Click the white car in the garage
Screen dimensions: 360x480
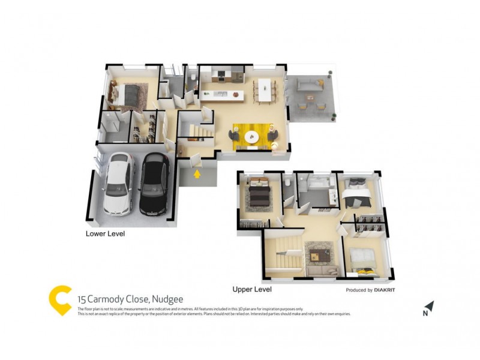118,183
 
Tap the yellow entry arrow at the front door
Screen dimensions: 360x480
197,175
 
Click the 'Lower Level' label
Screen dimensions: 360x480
105,233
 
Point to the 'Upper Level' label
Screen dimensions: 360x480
252,289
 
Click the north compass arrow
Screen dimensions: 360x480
428,307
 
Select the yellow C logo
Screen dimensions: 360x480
60,300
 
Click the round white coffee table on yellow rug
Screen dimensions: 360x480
252,136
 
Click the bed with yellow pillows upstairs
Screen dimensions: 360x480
362,261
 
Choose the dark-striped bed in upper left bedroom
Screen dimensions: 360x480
260,195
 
